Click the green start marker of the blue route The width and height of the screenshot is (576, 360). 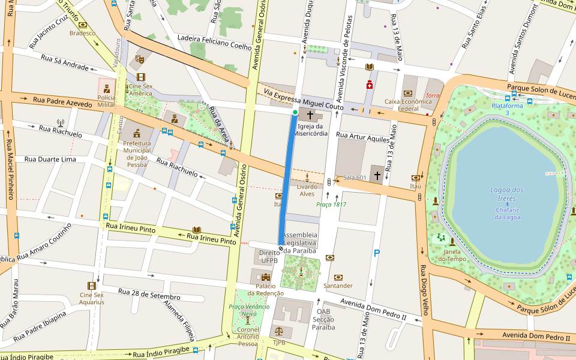point(295,112)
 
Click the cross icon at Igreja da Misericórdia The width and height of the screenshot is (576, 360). point(310,115)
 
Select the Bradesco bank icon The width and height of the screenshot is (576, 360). point(82,25)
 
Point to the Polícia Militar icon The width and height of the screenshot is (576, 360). point(106,89)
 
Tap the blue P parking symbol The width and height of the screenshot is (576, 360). point(377,253)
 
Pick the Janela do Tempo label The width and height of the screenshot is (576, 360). point(452,255)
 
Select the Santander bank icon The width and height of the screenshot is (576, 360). point(338,277)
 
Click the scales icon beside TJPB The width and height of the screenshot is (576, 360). point(278,331)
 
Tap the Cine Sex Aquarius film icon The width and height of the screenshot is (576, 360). point(91,286)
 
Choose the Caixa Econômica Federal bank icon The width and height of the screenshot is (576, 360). point(408,93)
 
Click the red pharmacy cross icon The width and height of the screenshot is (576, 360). point(370,85)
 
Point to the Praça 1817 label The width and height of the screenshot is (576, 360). point(331,205)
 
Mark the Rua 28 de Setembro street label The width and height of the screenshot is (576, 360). point(149,294)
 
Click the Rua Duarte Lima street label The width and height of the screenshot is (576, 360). point(50,160)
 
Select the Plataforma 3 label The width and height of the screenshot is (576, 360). point(508,109)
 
